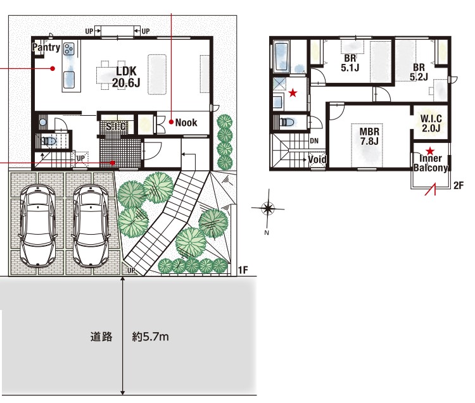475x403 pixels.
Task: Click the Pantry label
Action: tap(46, 47)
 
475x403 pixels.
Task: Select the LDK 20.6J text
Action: tap(126, 77)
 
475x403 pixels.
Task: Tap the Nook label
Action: tap(186, 123)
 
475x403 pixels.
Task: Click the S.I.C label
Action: tap(116, 126)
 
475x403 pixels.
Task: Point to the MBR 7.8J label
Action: tap(369, 136)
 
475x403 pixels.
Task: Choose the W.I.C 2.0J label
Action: tap(431, 123)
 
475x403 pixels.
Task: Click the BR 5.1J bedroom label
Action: tap(350, 63)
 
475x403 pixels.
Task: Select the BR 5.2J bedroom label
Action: tap(419, 72)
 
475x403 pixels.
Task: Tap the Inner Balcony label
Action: tap(431, 163)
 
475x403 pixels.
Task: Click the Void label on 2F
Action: tap(317, 159)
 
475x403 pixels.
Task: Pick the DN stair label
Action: tap(314, 141)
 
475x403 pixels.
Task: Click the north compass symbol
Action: tap(268, 208)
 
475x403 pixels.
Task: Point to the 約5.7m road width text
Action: tap(150, 337)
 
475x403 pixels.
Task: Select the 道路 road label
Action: tap(101, 337)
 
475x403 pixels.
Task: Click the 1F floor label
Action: tap(243, 270)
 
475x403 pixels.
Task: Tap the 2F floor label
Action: tap(459, 185)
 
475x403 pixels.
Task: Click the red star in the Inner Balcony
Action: tap(429, 151)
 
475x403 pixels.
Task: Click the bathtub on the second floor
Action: tap(281, 56)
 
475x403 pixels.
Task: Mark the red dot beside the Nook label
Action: tap(171, 122)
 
